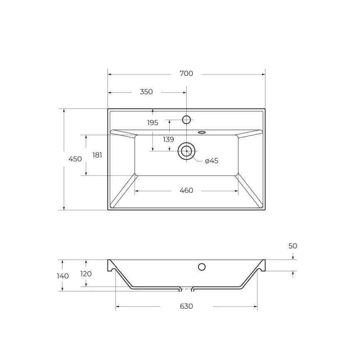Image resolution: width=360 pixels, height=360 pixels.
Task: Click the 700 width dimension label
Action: [186, 74]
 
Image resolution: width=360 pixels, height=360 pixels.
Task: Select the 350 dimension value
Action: [146, 92]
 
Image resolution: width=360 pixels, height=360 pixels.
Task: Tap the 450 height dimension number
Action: [75, 159]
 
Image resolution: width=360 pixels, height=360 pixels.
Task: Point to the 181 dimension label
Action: [97, 155]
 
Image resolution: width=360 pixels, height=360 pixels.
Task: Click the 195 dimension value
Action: [153, 123]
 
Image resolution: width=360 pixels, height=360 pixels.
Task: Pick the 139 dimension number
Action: [168, 140]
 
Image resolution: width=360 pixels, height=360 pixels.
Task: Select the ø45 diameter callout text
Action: [212, 161]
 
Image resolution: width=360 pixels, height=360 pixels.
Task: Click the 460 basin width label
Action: [186, 190]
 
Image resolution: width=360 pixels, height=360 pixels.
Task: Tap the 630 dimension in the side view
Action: [186, 306]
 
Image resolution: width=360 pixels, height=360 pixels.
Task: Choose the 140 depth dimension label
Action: [63, 276]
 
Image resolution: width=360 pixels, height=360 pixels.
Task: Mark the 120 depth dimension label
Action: [86, 274]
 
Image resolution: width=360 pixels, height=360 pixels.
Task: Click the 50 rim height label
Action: [293, 246]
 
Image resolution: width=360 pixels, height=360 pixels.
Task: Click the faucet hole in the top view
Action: [187, 120]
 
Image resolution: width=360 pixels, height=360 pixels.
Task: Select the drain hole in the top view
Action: [186, 151]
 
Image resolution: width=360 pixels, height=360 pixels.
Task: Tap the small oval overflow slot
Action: [202, 133]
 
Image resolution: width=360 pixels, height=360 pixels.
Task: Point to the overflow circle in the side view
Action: [202, 266]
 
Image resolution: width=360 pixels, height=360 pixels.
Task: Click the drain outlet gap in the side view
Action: [186, 288]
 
